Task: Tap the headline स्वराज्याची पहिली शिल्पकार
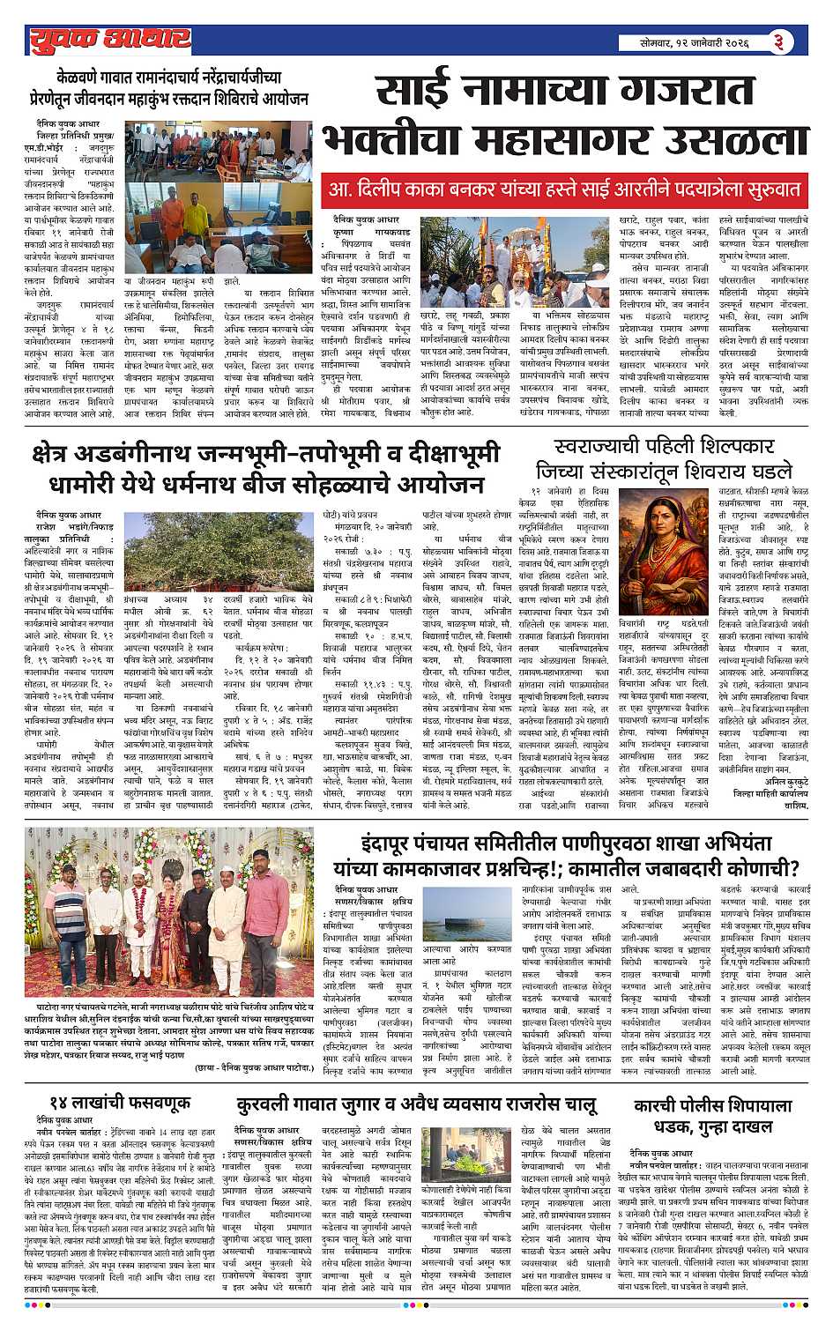pyautogui.click(x=665, y=448)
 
